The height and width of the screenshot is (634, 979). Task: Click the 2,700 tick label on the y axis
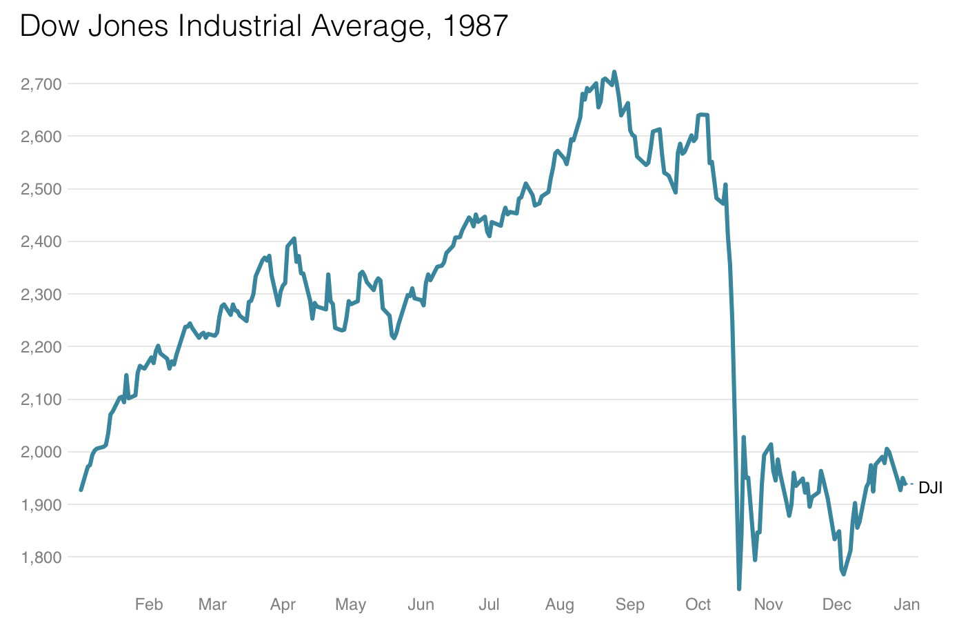41,84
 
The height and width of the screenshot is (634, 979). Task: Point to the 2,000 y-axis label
41,452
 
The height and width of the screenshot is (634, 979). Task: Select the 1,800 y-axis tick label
41,557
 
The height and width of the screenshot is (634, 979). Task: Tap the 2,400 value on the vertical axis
41,241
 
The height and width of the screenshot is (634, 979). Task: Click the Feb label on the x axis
149,605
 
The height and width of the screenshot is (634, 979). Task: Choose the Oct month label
698,605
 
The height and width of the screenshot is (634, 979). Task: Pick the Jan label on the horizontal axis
907,605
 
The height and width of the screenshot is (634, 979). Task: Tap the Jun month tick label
421,605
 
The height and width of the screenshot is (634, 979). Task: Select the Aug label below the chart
559,605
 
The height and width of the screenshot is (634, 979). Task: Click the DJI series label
930,488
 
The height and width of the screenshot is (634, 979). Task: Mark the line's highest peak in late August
614,72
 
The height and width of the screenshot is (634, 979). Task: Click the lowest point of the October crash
739,588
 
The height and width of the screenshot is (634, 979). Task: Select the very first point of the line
81,490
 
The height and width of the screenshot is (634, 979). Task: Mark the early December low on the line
844,574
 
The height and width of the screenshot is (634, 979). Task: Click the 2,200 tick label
41,347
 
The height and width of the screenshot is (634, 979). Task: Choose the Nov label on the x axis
768,605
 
